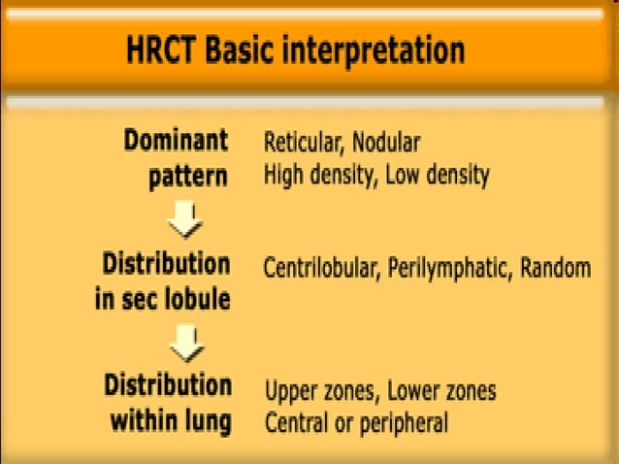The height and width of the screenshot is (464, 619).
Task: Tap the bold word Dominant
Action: pos(177,141)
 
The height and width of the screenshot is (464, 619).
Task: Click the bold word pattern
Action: pos(194,177)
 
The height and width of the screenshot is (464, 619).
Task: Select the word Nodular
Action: pos(386,143)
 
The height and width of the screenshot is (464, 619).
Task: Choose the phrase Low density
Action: pos(438,176)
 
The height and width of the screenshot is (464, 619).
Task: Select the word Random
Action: pos(555,268)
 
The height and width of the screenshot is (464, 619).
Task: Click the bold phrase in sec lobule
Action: pos(162,300)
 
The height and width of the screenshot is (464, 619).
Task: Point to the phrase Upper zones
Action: pos(320,391)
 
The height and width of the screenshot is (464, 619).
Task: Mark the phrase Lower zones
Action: pos(442,391)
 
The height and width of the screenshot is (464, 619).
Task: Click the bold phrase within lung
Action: pos(170,422)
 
